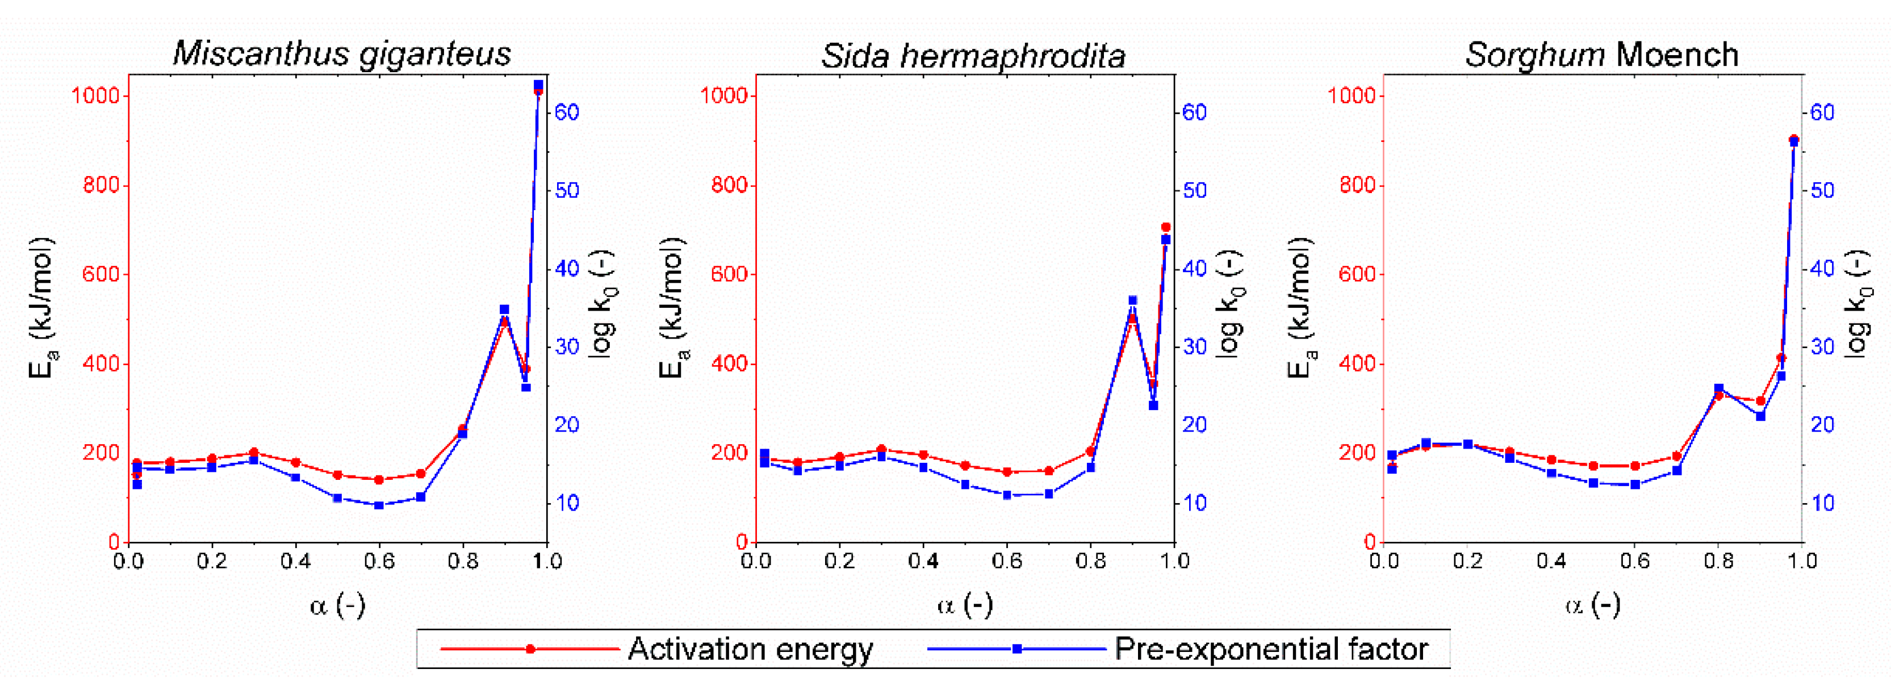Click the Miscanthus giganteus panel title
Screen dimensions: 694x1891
pyautogui.click(x=341, y=53)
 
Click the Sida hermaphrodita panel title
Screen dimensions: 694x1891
pyautogui.click(x=973, y=55)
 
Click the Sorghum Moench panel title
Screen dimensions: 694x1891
pyautogui.click(x=1602, y=55)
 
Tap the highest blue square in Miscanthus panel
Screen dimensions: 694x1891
pyautogui.click(x=538, y=86)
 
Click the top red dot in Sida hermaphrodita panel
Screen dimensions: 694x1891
pyautogui.click(x=1166, y=228)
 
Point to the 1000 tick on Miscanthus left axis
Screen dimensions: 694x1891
pyautogui.click(x=95, y=96)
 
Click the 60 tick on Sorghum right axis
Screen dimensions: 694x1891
pyautogui.click(x=1822, y=112)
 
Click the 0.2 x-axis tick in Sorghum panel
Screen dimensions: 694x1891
pyautogui.click(x=1467, y=562)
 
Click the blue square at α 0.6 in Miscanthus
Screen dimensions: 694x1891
pyautogui.click(x=379, y=505)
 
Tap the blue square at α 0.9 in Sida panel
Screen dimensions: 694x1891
pyautogui.click(x=1132, y=300)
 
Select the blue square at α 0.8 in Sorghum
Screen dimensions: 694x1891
pyautogui.click(x=1718, y=388)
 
